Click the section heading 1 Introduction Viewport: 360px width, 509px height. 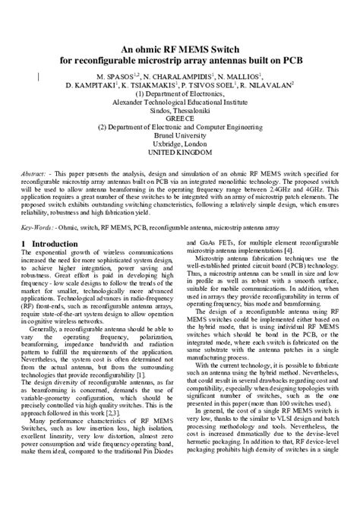[49, 243]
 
